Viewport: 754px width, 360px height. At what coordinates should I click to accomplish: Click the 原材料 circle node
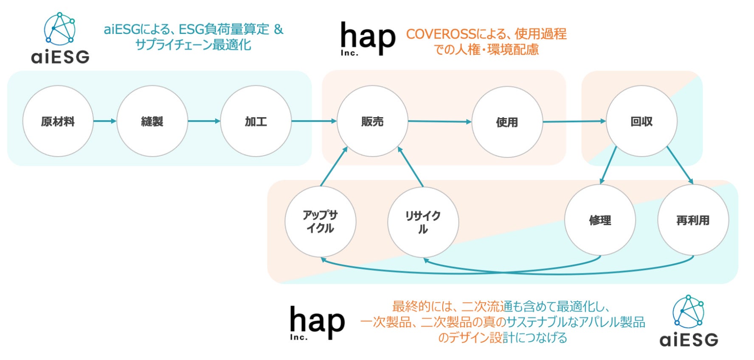tap(58, 121)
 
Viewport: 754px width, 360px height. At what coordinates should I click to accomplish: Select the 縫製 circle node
tap(152, 121)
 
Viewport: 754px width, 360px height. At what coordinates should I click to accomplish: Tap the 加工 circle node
tap(256, 121)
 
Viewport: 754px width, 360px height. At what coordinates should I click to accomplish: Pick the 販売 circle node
tap(372, 121)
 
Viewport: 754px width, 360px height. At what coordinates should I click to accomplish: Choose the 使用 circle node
tap(507, 122)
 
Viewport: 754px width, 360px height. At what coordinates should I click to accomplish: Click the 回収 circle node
tap(641, 121)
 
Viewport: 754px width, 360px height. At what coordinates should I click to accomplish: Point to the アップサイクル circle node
tap(320, 222)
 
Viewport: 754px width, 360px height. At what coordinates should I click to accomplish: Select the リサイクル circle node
tap(423, 222)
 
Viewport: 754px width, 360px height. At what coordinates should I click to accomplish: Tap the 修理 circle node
tap(600, 220)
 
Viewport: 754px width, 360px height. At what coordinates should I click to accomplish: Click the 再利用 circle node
tap(693, 220)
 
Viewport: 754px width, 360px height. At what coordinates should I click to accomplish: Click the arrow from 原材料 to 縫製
tap(104, 121)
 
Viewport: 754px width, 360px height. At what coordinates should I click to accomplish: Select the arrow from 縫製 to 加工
tap(204, 121)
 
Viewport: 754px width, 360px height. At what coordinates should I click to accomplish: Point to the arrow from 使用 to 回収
tap(574, 121)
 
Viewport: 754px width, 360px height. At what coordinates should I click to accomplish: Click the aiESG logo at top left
tap(60, 39)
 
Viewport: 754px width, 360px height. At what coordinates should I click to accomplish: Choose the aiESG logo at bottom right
tap(689, 322)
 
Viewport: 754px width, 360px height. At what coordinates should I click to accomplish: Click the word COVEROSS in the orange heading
tap(441, 34)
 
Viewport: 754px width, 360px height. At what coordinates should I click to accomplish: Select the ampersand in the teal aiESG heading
tap(279, 29)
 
